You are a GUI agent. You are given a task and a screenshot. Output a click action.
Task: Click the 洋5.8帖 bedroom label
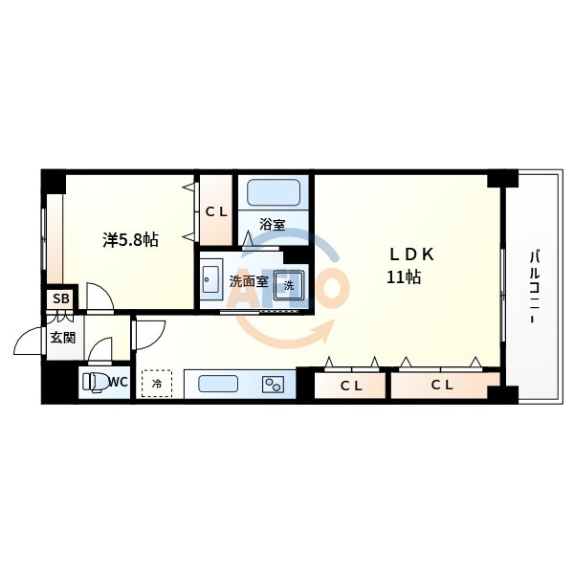point(130,240)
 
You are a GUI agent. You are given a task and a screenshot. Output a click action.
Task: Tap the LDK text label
point(411,254)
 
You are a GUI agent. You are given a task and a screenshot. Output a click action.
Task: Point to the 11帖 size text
point(404,277)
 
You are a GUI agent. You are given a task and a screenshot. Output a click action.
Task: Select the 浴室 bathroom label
point(273,225)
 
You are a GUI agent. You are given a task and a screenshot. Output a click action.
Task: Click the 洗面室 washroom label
point(249,281)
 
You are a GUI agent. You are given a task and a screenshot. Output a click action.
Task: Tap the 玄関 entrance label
point(63,338)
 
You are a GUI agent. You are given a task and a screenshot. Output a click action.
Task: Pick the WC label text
point(119,382)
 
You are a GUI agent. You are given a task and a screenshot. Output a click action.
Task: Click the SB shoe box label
point(61,298)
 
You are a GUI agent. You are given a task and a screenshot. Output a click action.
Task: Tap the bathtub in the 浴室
point(274,192)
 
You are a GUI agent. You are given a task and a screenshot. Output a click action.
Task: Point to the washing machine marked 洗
point(289,285)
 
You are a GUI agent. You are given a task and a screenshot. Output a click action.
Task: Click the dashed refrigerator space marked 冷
point(157,384)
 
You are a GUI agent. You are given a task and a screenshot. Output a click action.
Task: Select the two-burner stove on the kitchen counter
point(274,385)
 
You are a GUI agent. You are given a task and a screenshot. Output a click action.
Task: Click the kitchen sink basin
point(218,384)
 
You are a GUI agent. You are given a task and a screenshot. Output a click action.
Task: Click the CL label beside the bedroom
point(216,211)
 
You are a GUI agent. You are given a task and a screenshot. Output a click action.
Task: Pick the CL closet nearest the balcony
point(442,386)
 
